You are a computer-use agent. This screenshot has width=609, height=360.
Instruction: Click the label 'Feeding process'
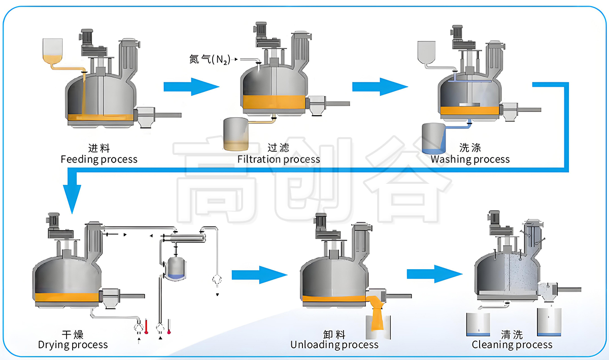99,159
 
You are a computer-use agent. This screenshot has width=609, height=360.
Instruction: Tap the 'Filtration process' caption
279,159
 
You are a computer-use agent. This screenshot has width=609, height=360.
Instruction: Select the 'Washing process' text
470,159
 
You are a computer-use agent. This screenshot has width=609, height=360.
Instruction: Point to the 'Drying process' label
73,345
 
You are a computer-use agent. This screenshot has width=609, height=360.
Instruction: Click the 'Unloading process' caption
334,345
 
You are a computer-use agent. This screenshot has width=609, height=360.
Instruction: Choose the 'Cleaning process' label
512,345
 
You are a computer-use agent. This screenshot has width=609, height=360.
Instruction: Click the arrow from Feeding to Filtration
191,87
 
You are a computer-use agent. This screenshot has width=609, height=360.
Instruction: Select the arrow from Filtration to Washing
380,87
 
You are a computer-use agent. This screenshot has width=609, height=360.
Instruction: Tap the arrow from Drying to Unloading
260,275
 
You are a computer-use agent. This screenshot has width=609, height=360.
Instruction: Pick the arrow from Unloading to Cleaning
435,274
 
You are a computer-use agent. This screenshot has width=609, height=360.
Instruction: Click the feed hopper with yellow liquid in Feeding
52,52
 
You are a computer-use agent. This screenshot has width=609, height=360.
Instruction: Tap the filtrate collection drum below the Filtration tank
235,134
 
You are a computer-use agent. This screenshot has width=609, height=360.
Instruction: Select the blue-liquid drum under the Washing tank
433,138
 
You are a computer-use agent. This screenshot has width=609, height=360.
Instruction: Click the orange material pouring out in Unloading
377,313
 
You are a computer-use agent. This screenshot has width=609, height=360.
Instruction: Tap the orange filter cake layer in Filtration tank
274,102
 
